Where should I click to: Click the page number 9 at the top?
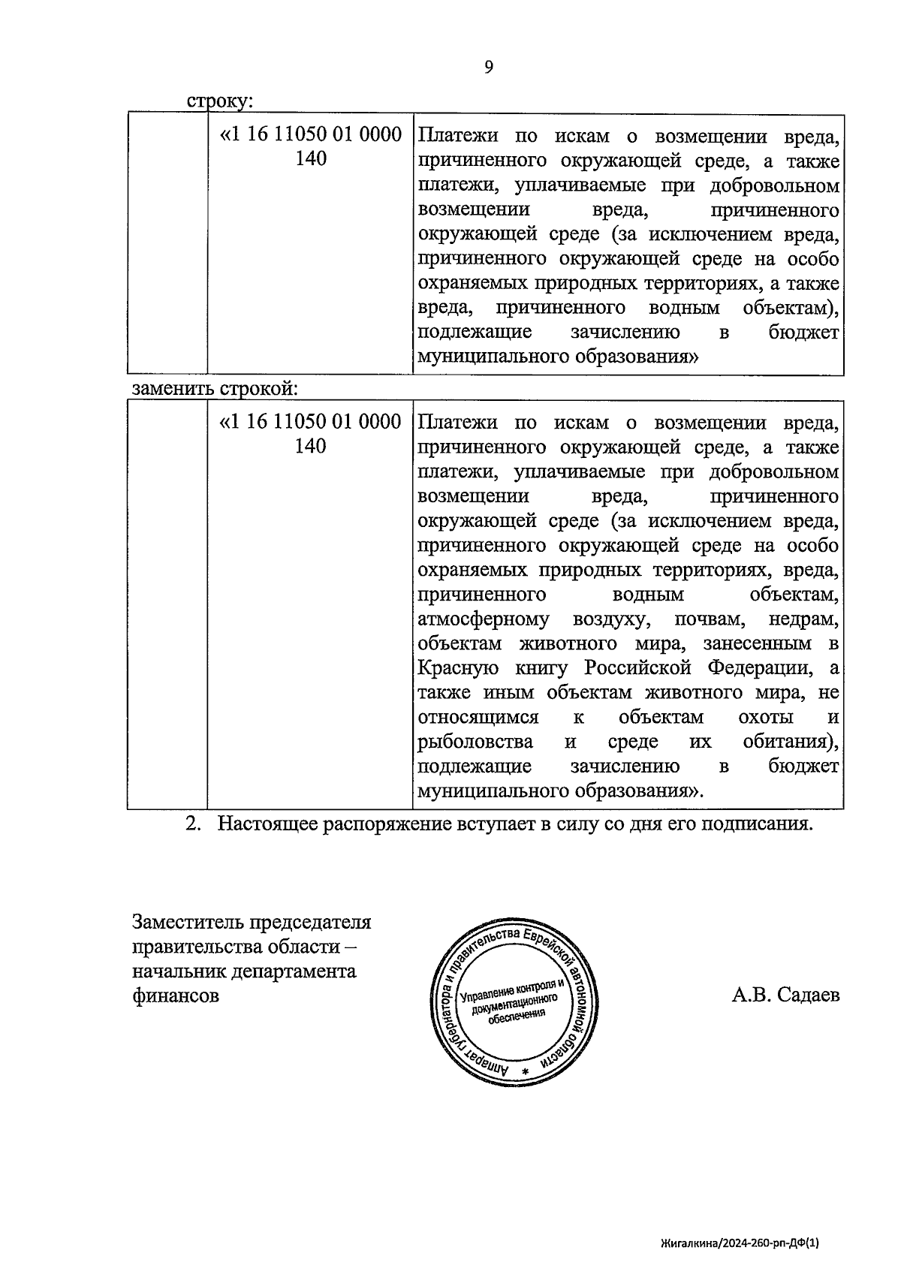tap(489, 68)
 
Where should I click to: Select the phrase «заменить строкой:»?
tap(215, 389)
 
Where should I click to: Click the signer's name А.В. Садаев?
tap(785, 995)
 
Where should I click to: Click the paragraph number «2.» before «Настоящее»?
tap(194, 824)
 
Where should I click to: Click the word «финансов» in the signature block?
tap(176, 996)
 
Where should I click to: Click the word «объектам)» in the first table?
tap(791, 308)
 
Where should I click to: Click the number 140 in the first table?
tap(311, 159)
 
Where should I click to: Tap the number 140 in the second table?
tap(311, 446)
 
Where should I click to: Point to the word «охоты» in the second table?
tap(764, 717)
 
